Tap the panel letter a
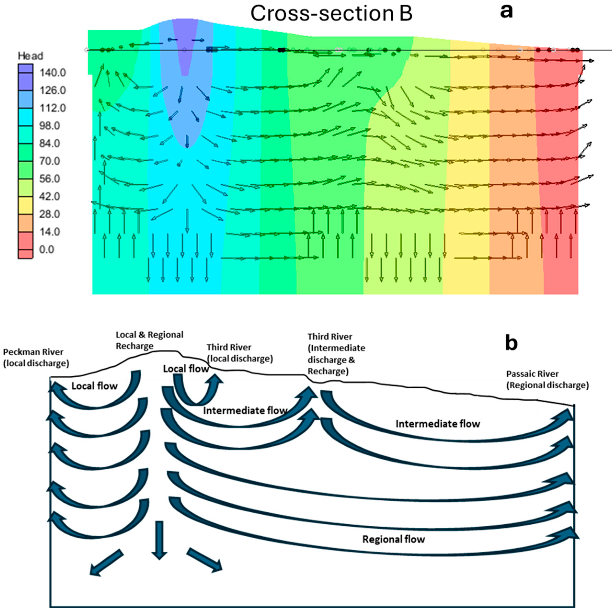point(506,11)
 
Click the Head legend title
point(30,56)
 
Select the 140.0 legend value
point(53,73)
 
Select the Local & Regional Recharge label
point(149,340)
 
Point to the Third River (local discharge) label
point(240,353)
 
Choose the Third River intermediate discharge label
point(336,354)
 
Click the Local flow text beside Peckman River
point(94,386)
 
